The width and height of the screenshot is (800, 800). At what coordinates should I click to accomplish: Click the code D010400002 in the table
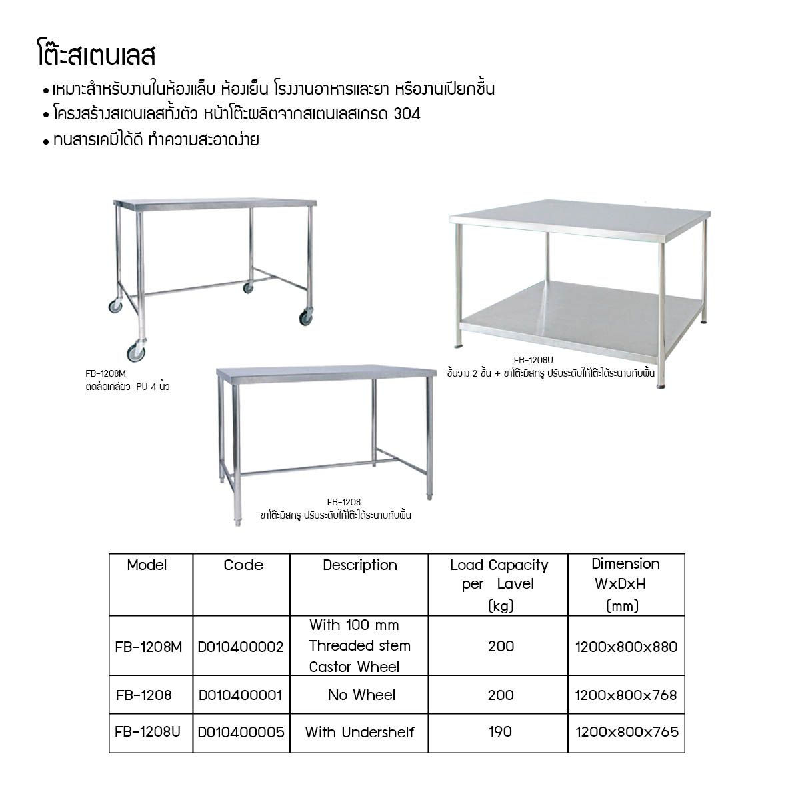pyautogui.click(x=241, y=647)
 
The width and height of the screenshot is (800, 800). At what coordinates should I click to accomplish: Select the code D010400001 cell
pyautogui.click(x=241, y=695)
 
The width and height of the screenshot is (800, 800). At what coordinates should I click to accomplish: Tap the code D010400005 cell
pyautogui.click(x=241, y=732)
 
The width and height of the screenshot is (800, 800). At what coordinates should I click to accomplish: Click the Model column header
pyautogui.click(x=147, y=565)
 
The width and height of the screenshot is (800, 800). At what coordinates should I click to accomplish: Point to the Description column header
pyautogui.click(x=360, y=565)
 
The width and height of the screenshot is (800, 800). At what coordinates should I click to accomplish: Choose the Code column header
pyautogui.click(x=243, y=565)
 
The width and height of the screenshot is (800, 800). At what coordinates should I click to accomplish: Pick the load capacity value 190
pyautogui.click(x=500, y=731)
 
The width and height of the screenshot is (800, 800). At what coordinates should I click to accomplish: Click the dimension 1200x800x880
pyautogui.click(x=626, y=647)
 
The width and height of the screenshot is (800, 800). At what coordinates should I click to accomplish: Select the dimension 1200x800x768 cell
pyautogui.click(x=626, y=695)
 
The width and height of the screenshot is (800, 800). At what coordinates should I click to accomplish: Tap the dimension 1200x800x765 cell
pyautogui.click(x=627, y=732)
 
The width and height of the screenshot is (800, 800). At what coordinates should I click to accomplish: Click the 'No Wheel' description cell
pyautogui.click(x=361, y=695)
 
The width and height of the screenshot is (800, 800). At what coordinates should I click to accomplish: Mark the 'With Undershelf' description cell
pyautogui.click(x=359, y=732)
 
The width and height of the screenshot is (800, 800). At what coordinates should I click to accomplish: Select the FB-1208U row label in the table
pyautogui.click(x=148, y=732)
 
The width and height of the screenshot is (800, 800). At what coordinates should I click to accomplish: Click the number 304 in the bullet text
pyautogui.click(x=407, y=114)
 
